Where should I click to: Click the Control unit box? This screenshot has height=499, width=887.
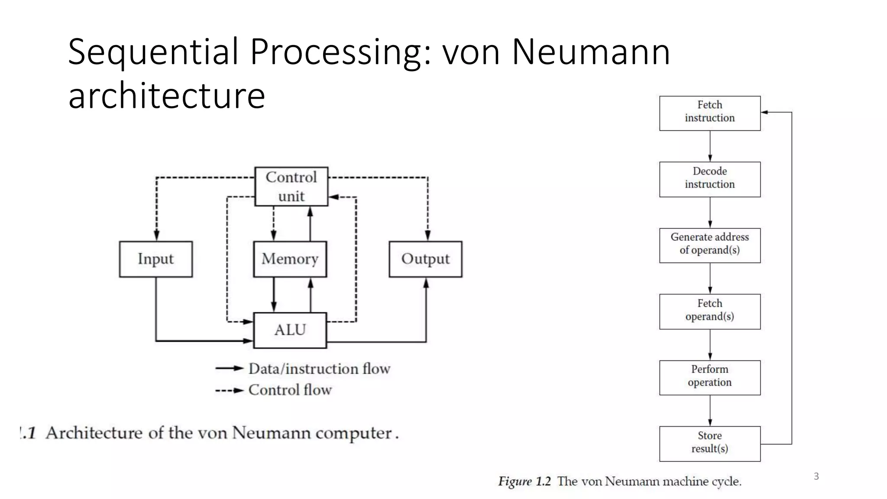tap(291, 186)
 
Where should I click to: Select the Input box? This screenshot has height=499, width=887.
tap(155, 259)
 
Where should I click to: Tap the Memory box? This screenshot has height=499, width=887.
tap(290, 259)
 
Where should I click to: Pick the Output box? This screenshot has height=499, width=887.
tap(425, 259)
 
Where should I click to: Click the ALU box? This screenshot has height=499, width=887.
tap(290, 330)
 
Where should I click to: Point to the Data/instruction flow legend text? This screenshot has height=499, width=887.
tap(319, 369)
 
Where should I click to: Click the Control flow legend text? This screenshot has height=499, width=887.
tap(290, 390)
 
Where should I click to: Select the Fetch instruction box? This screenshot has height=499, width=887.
tap(709, 113)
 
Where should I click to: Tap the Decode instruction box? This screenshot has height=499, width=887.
tap(709, 179)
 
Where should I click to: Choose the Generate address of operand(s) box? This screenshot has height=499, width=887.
tap(709, 245)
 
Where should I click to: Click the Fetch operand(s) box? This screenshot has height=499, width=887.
tap(709, 311)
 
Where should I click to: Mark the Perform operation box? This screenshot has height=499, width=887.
tap(709, 377)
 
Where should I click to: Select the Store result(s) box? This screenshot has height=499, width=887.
tap(709, 444)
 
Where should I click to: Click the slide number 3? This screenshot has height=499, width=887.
tap(816, 476)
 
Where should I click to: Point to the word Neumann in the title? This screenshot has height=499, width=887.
tap(591, 52)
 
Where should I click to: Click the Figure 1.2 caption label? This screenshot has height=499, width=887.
tap(524, 481)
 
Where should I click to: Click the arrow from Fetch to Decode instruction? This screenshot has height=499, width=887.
tap(710, 146)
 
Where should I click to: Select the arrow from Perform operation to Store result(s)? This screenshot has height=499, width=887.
tap(710, 410)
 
